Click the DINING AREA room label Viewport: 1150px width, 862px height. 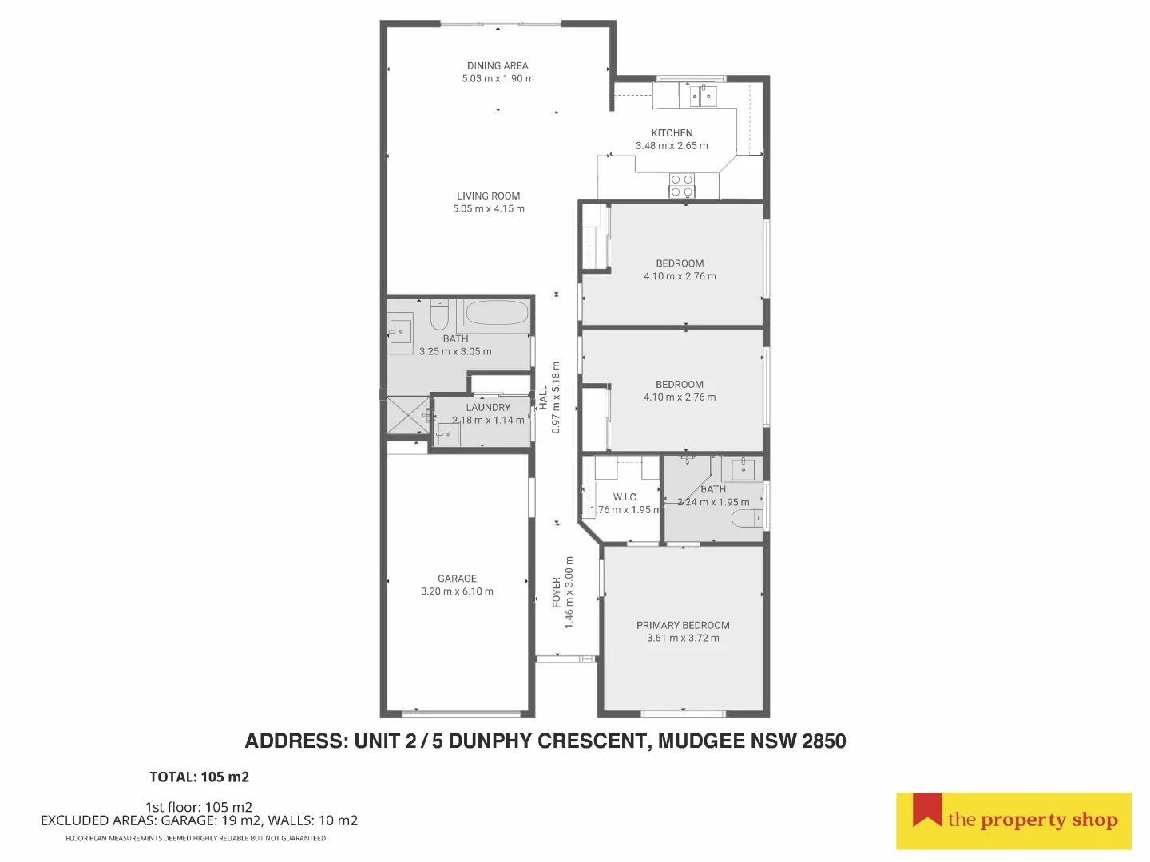[498, 65]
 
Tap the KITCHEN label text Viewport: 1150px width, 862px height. [672, 133]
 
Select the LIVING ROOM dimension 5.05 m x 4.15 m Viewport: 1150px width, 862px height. [489, 209]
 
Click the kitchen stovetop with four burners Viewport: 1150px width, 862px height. [682, 186]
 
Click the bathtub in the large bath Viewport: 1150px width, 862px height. [496, 313]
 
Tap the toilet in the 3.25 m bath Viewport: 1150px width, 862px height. [439, 317]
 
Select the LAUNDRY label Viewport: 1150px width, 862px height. [488, 407]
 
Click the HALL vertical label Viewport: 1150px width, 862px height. [543, 397]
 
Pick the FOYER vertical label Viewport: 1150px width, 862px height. [557, 592]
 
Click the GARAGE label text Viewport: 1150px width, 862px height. [457, 579]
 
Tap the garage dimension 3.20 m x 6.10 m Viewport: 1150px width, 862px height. [457, 592]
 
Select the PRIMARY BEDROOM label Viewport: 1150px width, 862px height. [683, 626]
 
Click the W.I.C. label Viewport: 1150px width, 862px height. [625, 497]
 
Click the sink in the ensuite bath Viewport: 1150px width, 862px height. [743, 469]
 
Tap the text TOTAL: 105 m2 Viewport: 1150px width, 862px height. [199, 777]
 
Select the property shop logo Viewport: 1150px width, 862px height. [1013, 820]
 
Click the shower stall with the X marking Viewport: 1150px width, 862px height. [406, 415]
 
